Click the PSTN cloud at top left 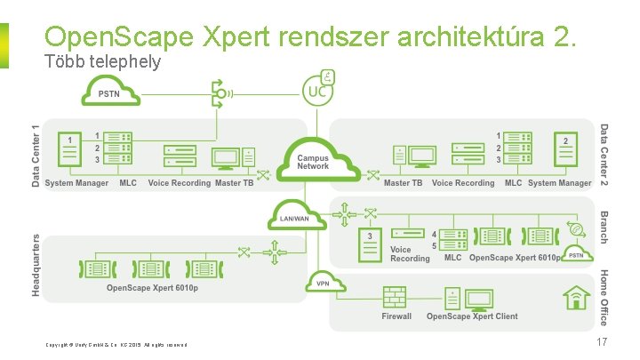109,92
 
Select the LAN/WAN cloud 294,218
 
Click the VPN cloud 324,284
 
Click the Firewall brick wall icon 396,298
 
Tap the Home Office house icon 577,297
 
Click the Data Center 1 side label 36,155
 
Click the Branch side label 604,227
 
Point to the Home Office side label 604,297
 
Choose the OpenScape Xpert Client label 471,316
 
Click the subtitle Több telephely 102,63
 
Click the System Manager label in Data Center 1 76,183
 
